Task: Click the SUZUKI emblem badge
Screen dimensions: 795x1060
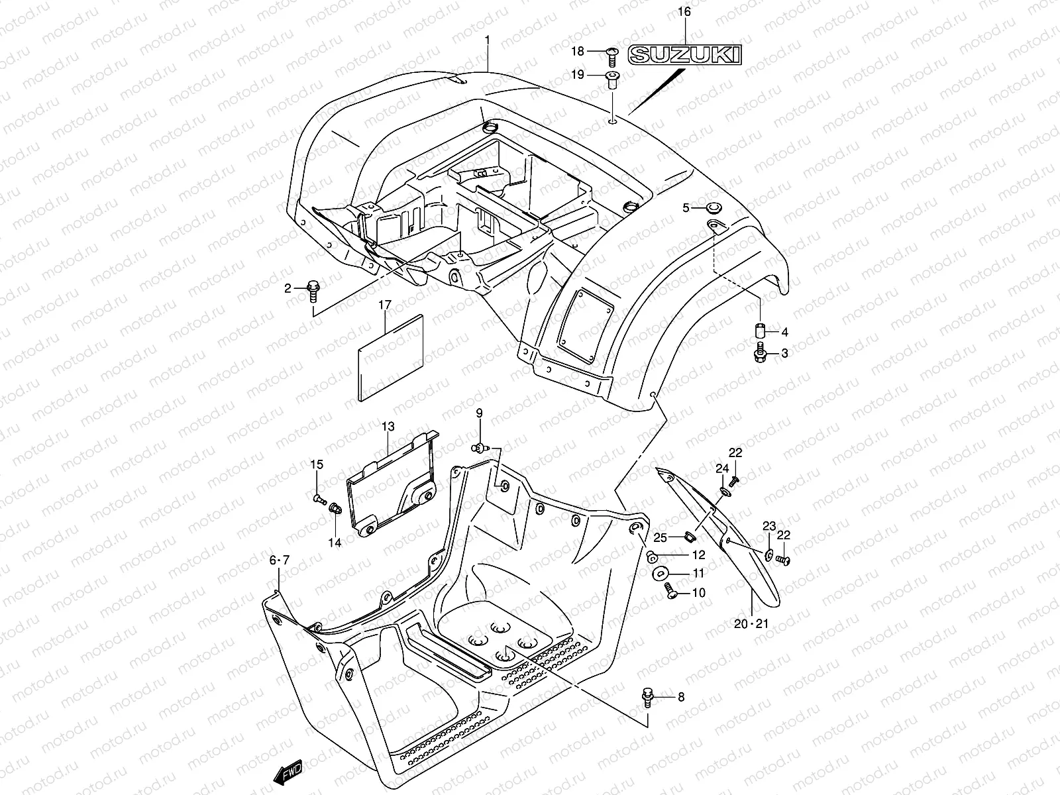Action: coord(684,54)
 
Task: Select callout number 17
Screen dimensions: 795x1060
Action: coord(385,305)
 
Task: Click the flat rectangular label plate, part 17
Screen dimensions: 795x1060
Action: coord(391,358)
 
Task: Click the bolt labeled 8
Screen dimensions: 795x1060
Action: coord(647,697)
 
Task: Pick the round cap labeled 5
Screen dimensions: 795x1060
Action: coord(715,207)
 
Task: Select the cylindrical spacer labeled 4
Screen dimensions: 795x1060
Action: coord(761,330)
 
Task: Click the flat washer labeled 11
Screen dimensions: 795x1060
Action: coord(661,572)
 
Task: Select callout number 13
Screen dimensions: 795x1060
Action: coord(388,427)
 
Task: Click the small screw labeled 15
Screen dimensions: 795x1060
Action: coord(319,496)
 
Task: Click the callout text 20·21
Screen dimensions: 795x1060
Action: coord(751,623)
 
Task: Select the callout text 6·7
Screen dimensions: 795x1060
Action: coord(280,560)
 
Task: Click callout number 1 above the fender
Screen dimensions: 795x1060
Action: coord(487,40)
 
